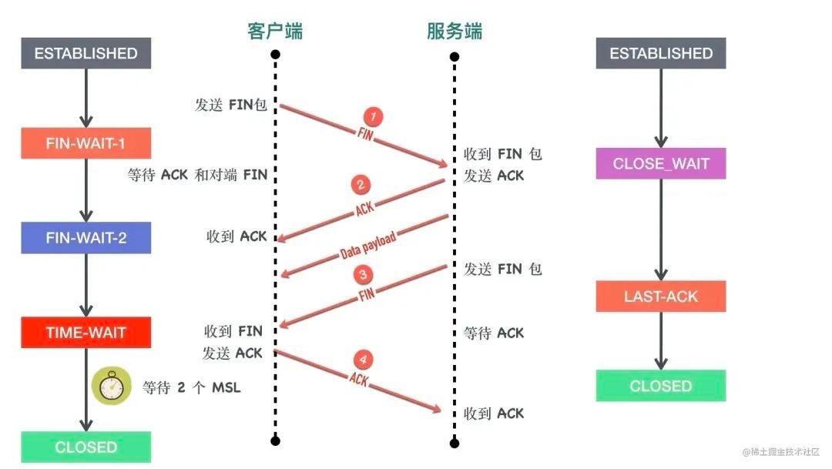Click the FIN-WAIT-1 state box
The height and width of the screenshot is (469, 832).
pos(86,143)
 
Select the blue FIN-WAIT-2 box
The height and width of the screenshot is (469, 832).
pos(86,238)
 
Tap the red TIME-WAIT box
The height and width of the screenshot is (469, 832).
pos(86,333)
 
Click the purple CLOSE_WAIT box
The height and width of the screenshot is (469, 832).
pos(661,163)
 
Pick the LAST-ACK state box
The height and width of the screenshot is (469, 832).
pos(661,296)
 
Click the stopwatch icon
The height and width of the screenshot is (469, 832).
pos(112,386)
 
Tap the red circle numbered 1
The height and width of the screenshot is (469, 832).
pos(373,117)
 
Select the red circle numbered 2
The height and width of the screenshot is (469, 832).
pos(361,185)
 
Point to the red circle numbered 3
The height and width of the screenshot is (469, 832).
pos(363,274)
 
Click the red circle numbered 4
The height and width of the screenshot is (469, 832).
pos(363,359)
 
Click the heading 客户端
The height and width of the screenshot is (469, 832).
pos(275,32)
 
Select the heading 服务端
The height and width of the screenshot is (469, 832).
pos(455,32)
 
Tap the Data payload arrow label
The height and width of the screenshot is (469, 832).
pos(367,245)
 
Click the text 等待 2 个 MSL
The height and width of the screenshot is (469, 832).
pos(192,387)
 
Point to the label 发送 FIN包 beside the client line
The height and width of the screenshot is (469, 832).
pos(231,105)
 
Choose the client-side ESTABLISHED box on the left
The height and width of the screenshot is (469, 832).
pos(86,53)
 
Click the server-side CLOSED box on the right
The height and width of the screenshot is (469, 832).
pos(661,386)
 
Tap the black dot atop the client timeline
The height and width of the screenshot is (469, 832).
pos(275,55)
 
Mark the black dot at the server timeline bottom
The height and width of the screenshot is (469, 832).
pos(455,443)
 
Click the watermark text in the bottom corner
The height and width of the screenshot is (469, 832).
pos(781,452)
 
